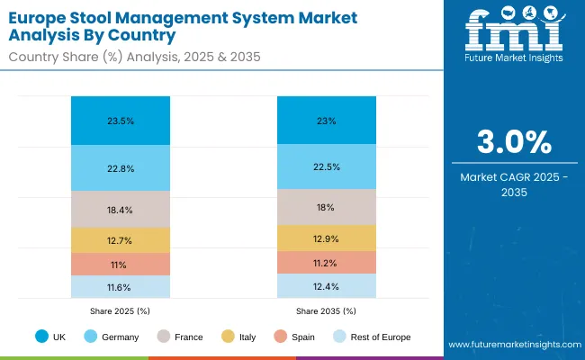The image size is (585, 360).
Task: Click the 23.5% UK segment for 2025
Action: tap(120, 121)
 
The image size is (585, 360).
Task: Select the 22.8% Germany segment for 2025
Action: tap(120, 167)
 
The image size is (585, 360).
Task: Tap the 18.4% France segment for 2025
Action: tap(120, 210)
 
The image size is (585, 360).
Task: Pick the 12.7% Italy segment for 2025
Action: tap(120, 240)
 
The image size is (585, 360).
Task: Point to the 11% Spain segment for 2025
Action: tap(120, 265)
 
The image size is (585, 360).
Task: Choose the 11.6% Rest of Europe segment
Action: tap(120, 286)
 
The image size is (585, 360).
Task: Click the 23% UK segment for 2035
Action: tap(326, 120)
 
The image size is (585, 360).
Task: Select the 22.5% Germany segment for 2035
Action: tap(326, 166)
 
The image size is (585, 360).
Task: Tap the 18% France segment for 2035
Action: tap(326, 207)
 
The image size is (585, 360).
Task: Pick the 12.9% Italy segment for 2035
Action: tap(326, 238)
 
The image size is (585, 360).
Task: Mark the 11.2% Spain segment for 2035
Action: tap(326, 262)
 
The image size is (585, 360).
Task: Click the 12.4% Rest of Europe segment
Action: tap(326, 285)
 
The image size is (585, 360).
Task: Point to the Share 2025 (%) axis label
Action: tap(120, 310)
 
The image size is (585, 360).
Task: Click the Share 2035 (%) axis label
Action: tap(326, 310)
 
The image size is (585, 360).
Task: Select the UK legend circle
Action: tap(42, 337)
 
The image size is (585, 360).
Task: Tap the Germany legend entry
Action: tap(112, 337)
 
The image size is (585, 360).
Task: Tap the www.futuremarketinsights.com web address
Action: tap(512, 345)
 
